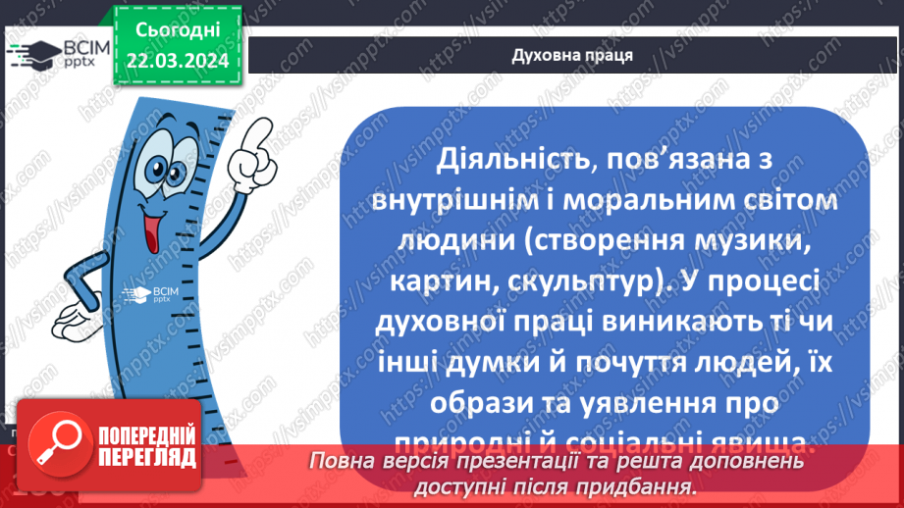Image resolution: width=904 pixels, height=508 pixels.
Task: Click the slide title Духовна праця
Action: (571, 55)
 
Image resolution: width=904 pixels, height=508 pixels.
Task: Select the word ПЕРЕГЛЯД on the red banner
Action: (145, 458)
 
